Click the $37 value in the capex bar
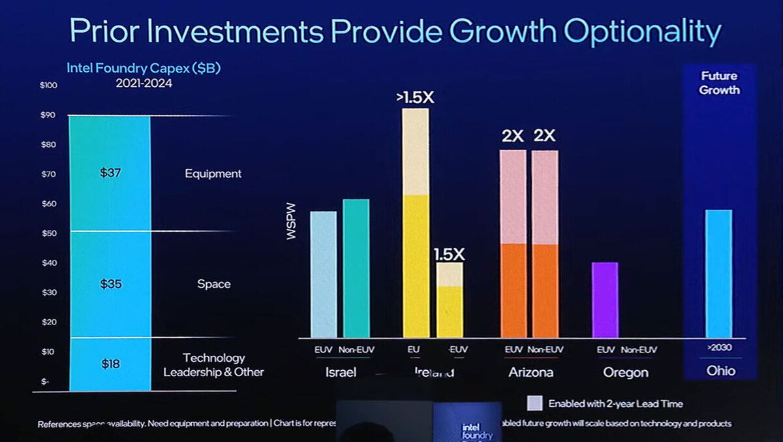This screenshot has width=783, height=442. pos(110,173)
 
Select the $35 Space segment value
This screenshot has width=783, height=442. pos(110,284)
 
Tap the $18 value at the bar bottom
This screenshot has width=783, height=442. pos(110,364)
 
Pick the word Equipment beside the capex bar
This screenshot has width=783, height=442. pos(213,174)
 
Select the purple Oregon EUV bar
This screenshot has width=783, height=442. pos(604,300)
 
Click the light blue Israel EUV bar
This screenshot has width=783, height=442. pos(324,274)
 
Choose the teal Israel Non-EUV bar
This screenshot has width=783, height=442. pos(356,268)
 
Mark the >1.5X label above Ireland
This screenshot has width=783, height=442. pos(414,98)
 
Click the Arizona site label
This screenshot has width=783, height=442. pos(530,372)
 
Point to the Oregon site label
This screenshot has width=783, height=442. pos(626,372)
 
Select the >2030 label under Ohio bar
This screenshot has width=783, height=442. pos(719,347)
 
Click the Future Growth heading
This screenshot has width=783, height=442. pos(719,83)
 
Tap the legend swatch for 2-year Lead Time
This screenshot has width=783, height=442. pos(534,403)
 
